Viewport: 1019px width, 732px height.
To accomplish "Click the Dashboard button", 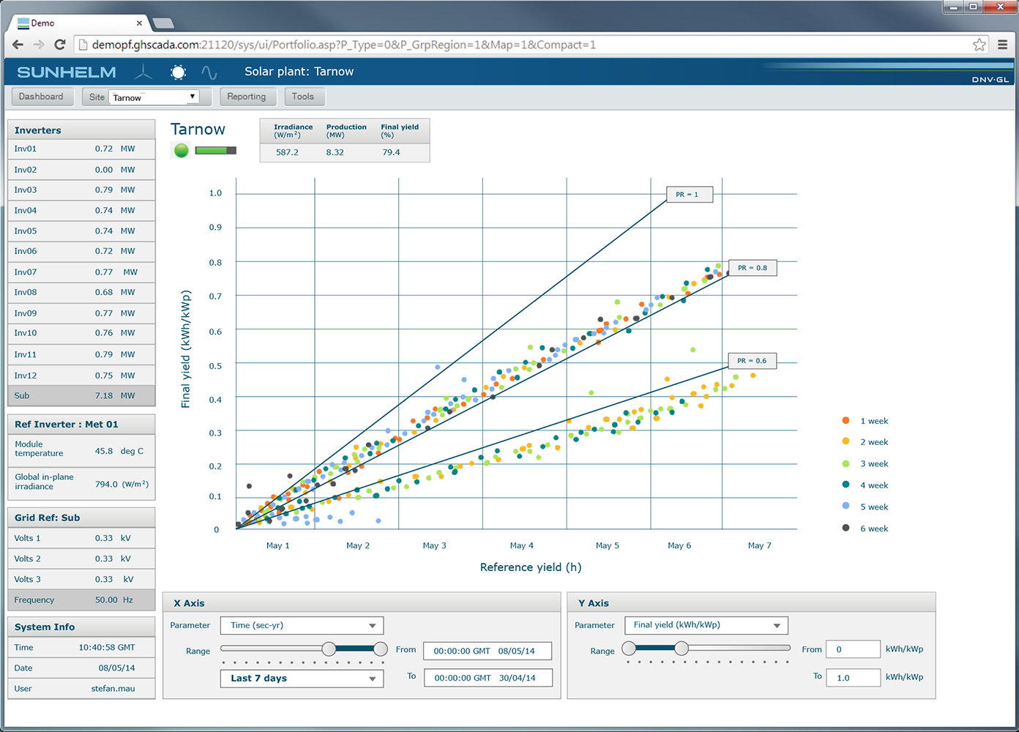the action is click(42, 97).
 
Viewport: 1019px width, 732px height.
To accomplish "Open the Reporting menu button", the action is click(247, 97).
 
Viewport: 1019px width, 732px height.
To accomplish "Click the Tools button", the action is click(303, 97).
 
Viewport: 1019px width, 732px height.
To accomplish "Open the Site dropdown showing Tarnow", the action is click(154, 97).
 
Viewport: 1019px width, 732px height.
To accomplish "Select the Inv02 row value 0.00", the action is click(104, 170).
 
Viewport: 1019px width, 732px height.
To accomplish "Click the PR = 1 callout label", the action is click(689, 194).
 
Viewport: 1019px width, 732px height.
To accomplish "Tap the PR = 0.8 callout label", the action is click(753, 267).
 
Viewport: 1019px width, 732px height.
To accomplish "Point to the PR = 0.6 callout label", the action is click(752, 361).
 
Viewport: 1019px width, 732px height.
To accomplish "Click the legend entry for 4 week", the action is click(865, 485).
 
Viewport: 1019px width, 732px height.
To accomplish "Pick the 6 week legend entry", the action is click(865, 529).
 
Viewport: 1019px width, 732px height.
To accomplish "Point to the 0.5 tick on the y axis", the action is click(215, 366).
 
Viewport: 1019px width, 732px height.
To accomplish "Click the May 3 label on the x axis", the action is click(434, 545).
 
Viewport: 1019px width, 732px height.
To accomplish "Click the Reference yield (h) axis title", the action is click(531, 567).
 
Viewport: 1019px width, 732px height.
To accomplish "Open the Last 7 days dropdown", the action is click(302, 679).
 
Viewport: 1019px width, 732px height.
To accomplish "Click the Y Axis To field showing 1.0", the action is click(853, 678).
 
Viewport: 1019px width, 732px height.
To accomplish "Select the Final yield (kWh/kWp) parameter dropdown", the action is click(706, 625).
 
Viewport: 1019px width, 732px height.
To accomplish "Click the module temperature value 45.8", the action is click(104, 451).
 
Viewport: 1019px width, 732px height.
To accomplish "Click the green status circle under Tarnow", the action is click(181, 150).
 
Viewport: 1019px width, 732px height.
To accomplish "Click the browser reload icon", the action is click(59, 45).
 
